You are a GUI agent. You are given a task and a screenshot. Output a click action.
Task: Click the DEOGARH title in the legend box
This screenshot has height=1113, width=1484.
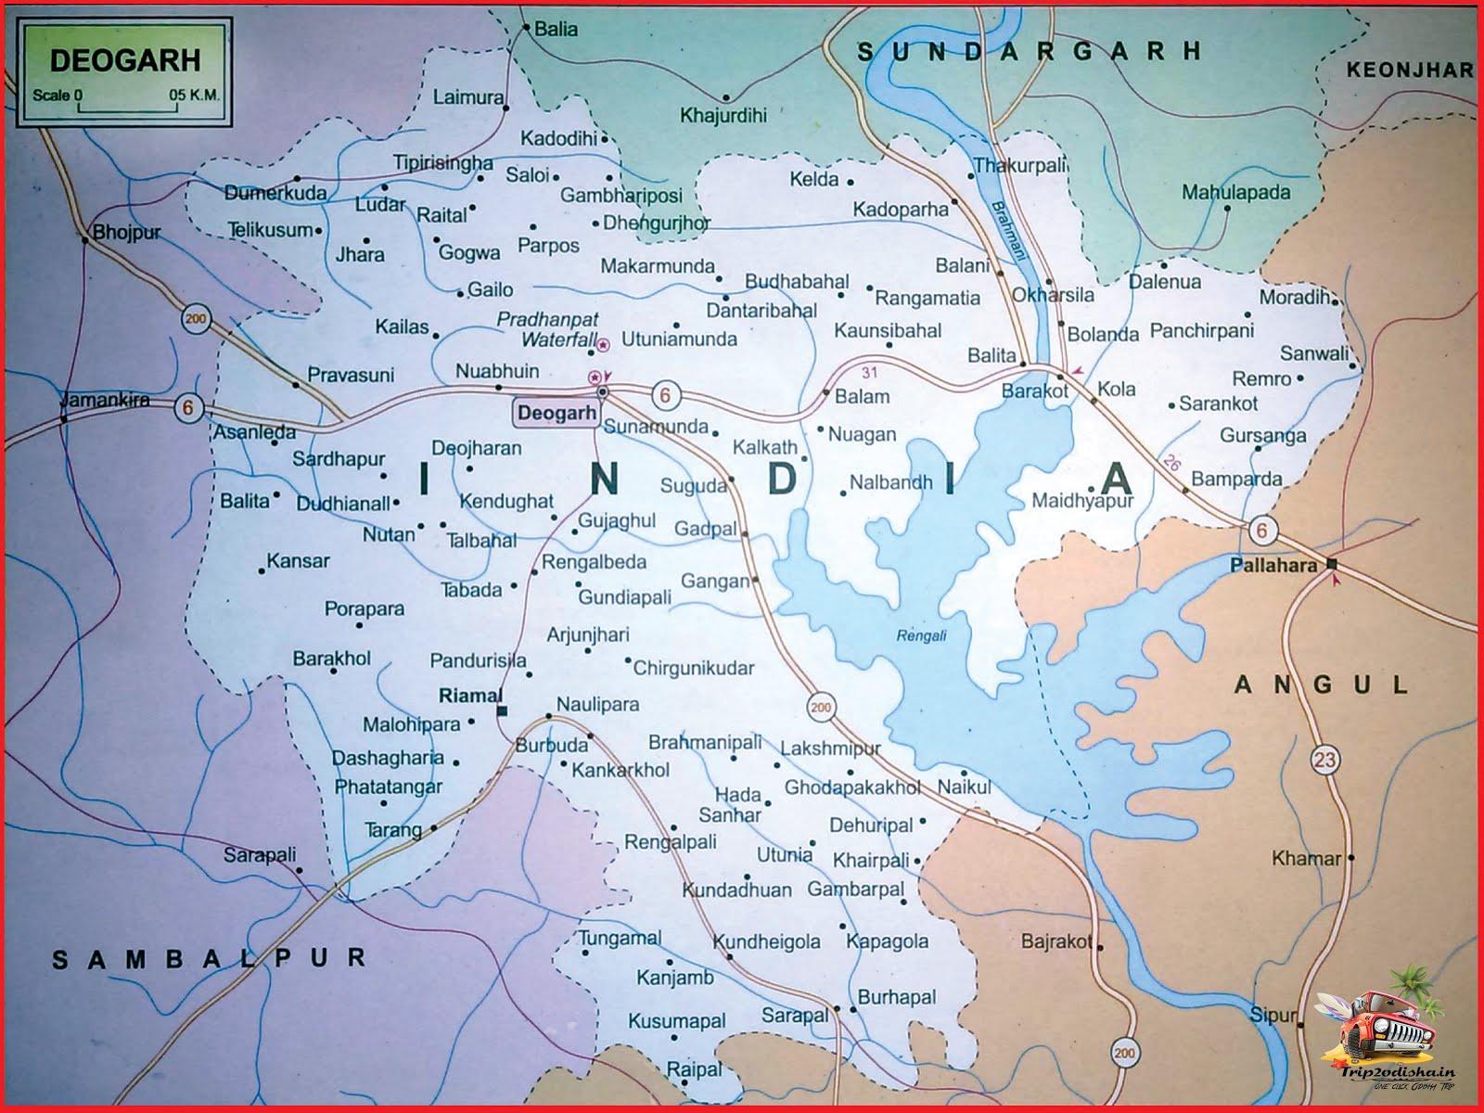(x=124, y=60)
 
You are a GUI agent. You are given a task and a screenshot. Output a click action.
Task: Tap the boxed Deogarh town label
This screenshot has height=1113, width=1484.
(x=556, y=413)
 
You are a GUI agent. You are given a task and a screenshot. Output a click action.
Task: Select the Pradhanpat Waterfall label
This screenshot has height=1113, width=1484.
(x=548, y=329)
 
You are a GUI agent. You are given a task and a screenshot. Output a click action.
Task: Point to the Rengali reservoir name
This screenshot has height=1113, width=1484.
(x=922, y=635)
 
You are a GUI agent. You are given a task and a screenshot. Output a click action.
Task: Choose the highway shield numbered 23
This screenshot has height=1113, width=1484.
(x=1325, y=761)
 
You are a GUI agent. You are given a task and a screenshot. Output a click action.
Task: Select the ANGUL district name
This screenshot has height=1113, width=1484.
(x=1321, y=685)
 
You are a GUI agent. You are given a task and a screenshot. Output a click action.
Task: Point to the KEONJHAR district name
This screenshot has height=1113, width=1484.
(x=1409, y=70)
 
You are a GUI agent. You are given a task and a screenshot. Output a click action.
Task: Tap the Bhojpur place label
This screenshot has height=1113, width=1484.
(x=126, y=233)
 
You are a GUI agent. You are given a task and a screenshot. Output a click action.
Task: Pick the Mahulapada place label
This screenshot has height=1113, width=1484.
(x=1235, y=193)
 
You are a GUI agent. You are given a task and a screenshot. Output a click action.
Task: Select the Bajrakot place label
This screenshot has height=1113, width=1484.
(x=1056, y=941)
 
